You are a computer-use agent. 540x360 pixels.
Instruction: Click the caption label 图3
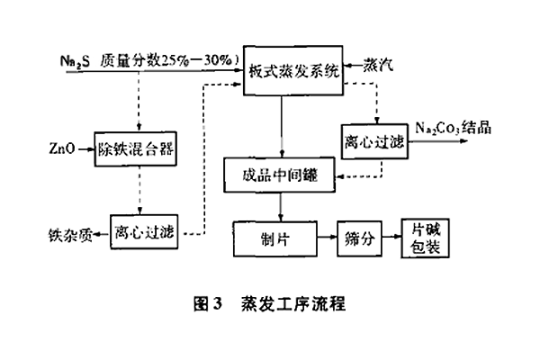point(206,304)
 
